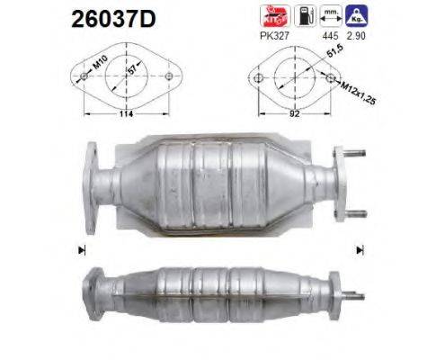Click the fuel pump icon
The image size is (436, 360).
point(304,15)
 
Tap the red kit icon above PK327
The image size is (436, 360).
point(271,15)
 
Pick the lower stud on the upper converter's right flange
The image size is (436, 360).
point(356,212)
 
